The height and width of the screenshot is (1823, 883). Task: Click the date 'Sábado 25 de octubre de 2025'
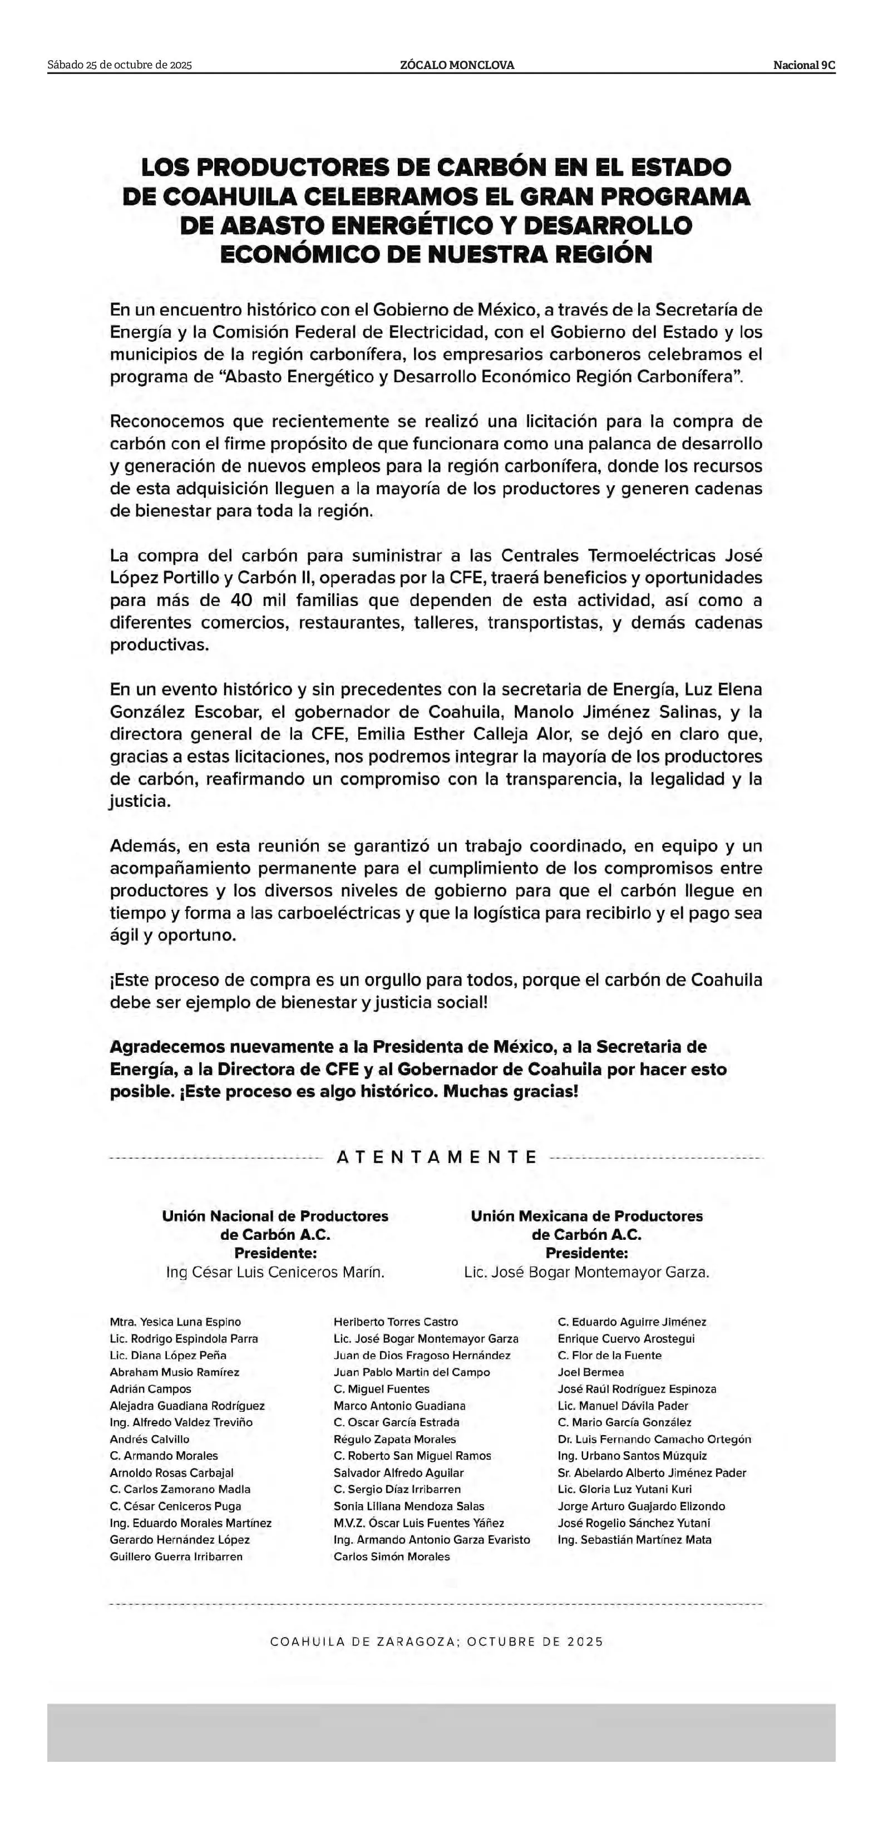[120, 65]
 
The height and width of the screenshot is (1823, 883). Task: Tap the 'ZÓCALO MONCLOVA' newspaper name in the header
[457, 65]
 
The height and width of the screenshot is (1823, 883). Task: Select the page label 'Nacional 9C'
[804, 65]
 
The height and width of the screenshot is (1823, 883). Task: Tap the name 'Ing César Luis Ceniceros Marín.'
[275, 1272]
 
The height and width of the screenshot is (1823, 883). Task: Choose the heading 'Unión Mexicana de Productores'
[586, 1216]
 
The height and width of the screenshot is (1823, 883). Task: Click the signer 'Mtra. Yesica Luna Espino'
[175, 1322]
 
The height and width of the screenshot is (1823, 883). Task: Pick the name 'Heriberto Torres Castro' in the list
[396, 1322]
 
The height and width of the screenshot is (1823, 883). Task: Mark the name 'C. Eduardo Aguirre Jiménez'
[632, 1322]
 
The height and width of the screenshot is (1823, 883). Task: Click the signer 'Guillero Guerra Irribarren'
[176, 1557]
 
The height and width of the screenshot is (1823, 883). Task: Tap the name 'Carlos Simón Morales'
[391, 1557]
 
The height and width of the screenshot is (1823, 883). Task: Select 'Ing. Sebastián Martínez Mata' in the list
[635, 1540]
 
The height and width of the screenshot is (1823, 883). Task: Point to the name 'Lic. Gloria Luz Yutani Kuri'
[625, 1490]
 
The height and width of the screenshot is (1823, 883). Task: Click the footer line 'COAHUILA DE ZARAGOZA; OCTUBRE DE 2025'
[437, 1642]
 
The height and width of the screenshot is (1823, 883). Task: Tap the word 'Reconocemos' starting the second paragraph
[166, 422]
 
